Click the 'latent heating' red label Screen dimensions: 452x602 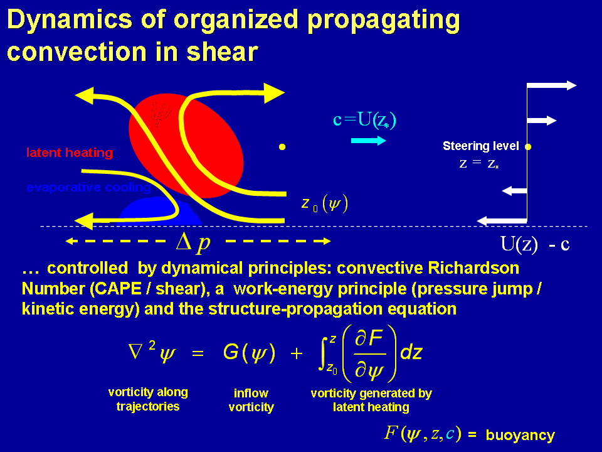coord(69,153)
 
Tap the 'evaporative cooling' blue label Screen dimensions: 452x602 coord(88,187)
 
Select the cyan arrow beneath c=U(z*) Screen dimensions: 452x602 coord(368,141)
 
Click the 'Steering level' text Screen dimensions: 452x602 coord(480,146)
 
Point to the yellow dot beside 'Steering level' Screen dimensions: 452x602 coord(528,147)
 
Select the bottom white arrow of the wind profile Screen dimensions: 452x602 coord(502,220)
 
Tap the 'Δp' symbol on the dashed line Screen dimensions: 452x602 coord(193,242)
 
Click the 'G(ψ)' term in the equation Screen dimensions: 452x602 coord(249,353)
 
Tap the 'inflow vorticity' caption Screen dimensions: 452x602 coord(251,400)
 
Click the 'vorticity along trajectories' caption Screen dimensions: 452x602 coord(148,399)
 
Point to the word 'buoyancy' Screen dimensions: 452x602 coord(520,434)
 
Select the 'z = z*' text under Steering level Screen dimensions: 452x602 coord(480,164)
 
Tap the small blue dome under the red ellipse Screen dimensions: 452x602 coord(157,212)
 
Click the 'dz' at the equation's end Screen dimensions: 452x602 coord(411,353)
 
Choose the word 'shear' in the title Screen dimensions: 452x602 coord(223,51)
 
